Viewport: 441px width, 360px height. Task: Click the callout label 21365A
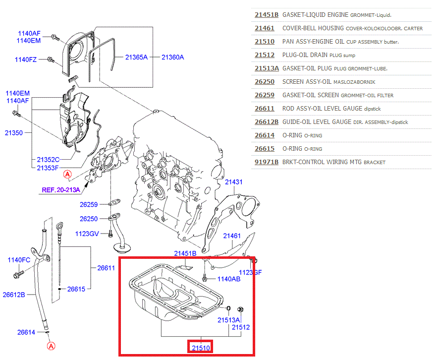(136, 58)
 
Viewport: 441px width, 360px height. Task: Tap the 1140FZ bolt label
(26, 60)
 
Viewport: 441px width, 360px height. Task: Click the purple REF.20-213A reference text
(61, 189)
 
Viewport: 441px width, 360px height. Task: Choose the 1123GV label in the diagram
(87, 234)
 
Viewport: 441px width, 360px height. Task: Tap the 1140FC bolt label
(19, 260)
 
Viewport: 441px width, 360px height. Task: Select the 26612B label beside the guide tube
(13, 295)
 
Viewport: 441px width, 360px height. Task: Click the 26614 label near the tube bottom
(26, 332)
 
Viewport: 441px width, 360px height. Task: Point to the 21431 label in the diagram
(234, 182)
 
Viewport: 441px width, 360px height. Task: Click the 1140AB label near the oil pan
(229, 279)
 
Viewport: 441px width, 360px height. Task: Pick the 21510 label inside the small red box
(201, 348)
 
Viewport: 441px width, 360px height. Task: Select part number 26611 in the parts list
(264, 109)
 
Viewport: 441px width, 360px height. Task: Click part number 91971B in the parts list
(267, 162)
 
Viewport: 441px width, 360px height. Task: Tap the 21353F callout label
(48, 168)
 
